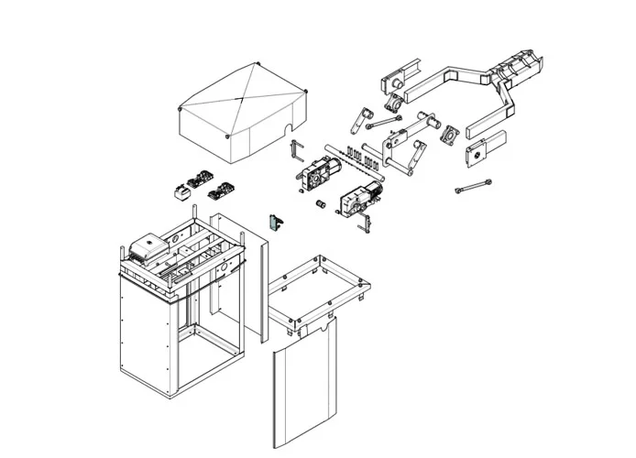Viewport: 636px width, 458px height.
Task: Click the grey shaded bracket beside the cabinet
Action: pyautogui.click(x=272, y=223)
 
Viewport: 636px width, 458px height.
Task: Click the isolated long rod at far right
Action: pyautogui.click(x=474, y=189)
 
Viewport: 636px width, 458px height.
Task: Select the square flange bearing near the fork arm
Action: pyautogui.click(x=452, y=136)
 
